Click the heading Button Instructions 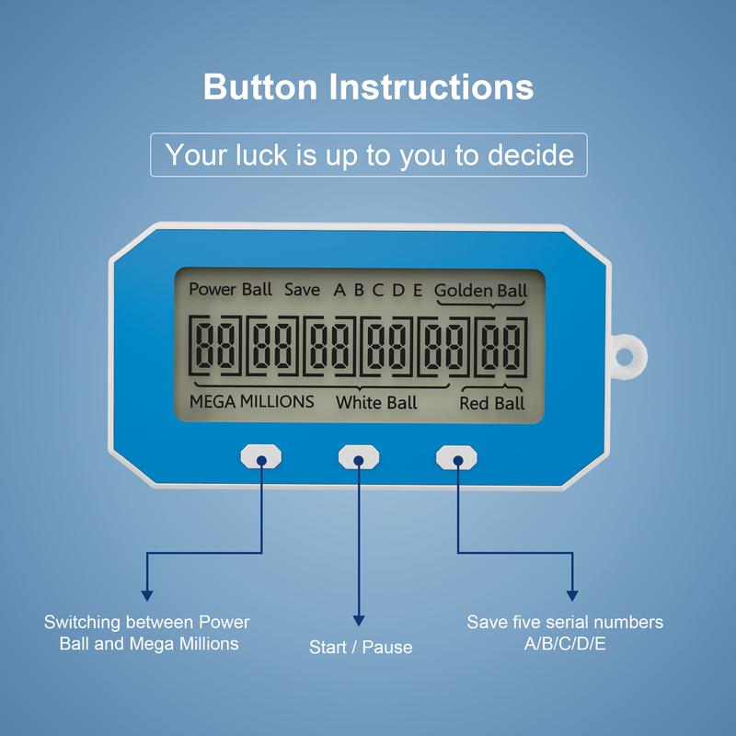tap(368, 87)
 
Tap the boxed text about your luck tap(368, 154)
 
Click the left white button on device tap(260, 455)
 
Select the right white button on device tap(456, 455)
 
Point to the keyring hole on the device tap(629, 351)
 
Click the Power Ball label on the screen tap(231, 289)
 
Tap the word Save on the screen tap(302, 290)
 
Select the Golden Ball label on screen tap(480, 291)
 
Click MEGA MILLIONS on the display tap(251, 401)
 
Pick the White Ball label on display tap(375, 402)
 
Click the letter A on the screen tap(339, 291)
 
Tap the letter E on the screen tap(418, 291)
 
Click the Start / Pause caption tap(361, 647)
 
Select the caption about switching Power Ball tap(147, 633)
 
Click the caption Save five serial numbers tap(565, 632)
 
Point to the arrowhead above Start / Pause tap(359, 620)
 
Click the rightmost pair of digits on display tap(500, 346)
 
